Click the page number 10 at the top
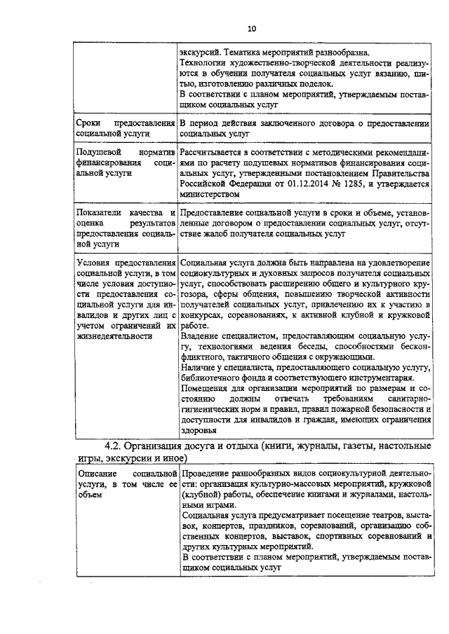252,29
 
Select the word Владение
201,336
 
